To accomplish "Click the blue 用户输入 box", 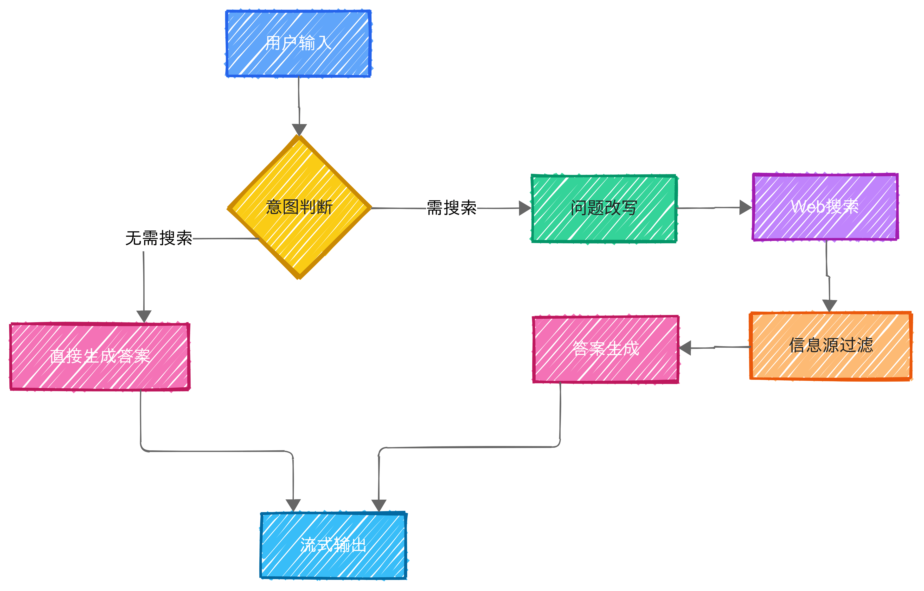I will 298,43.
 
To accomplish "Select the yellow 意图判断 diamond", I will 299,207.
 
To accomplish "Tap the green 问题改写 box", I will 604,208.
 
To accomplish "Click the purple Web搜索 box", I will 825,207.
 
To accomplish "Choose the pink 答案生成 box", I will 606,349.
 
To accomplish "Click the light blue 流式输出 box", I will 333,545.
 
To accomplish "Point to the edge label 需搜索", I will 452,208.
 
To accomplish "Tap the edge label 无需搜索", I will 159,238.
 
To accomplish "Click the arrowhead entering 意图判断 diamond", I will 299,130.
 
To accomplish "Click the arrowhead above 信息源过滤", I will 829,305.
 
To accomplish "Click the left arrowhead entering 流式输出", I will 293,505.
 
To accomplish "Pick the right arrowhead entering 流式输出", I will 379,505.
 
